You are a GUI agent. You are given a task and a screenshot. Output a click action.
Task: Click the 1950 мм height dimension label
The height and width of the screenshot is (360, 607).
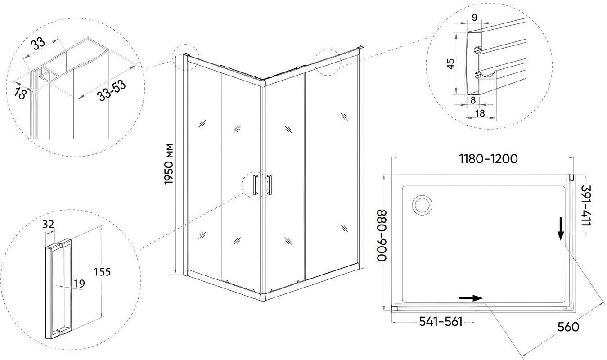pos(169,164)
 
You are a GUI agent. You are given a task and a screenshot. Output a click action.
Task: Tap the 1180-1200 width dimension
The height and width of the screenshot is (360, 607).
pos(488,159)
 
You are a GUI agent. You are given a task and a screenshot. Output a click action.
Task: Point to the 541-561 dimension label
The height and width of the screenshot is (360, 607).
pos(441,322)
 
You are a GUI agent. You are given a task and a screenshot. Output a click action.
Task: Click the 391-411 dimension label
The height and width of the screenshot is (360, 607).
pos(586,206)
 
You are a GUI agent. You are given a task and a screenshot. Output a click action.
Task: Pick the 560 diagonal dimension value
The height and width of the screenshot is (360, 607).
pos(568,327)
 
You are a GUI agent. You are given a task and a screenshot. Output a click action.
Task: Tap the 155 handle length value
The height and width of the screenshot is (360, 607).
pos(102,272)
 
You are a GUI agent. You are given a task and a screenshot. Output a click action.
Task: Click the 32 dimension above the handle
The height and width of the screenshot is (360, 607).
pos(48,224)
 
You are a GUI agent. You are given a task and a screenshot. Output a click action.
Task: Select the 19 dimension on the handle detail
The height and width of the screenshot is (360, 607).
pos(79,283)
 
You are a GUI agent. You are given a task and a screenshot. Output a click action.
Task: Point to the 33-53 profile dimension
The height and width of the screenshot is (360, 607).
pos(112,91)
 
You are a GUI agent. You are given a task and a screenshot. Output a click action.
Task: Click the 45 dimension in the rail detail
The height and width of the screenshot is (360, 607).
pos(450,64)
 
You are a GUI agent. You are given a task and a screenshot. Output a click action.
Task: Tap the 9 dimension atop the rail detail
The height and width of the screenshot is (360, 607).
pos(475,18)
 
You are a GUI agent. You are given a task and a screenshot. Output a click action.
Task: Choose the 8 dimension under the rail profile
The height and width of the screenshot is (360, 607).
pos(473,100)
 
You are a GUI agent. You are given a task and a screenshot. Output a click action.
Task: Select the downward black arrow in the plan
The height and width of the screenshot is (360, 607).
pos(560,229)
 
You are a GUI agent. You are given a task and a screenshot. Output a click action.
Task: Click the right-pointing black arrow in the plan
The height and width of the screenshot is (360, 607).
pos(471,298)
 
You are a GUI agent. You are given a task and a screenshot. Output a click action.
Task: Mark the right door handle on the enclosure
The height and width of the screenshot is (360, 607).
pos(270,185)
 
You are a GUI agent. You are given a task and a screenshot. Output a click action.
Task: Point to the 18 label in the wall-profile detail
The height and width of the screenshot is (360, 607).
pos(20,93)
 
